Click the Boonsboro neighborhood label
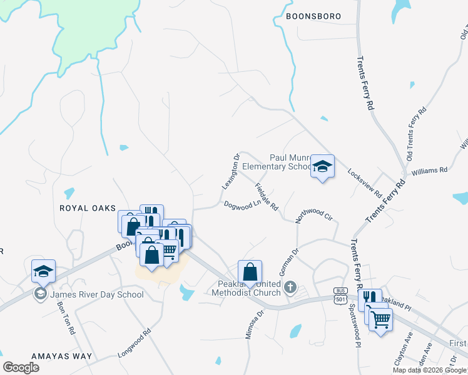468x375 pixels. coord(313,17)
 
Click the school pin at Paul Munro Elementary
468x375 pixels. coord(322,167)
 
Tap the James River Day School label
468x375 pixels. coord(97,294)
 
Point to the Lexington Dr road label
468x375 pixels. coord(231,172)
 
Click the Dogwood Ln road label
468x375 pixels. coord(242,204)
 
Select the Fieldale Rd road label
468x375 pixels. coord(266,196)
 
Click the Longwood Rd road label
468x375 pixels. coord(135,344)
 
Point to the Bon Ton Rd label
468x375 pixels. coord(66,318)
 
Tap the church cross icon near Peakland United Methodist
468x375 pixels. coord(290,287)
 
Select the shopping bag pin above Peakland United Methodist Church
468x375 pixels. coord(250,272)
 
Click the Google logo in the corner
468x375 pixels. coord(21,367)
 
